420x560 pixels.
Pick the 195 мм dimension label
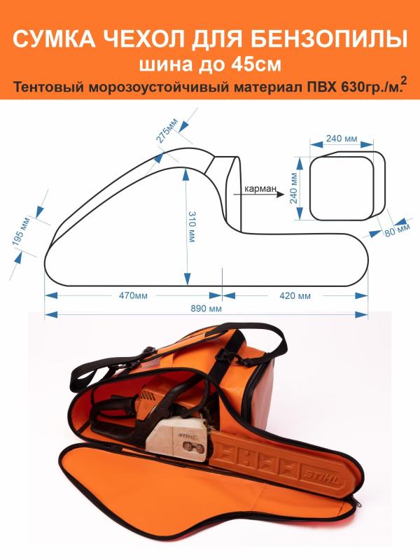(26, 232)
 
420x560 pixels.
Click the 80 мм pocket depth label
(400, 229)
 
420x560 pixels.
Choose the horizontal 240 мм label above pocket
(341, 139)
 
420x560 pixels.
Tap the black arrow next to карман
(280, 196)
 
